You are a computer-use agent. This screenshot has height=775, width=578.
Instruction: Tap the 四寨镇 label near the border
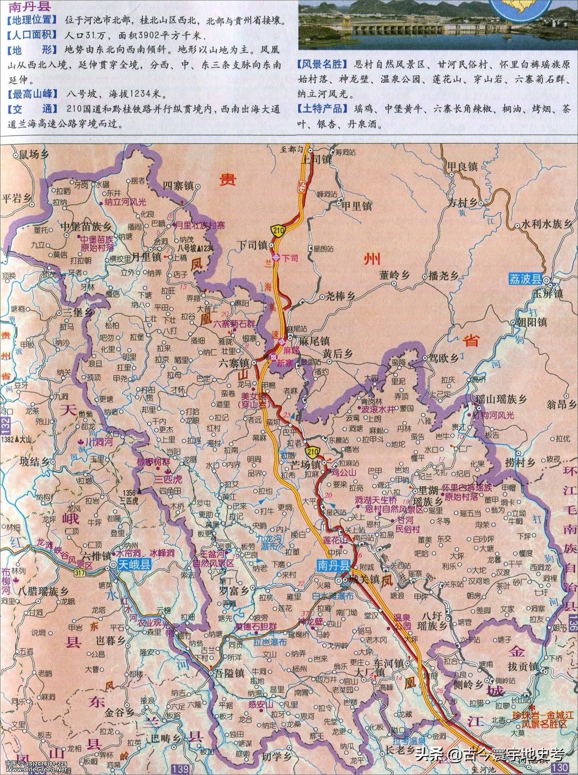[178, 186]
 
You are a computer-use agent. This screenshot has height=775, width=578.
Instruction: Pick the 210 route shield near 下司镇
[278, 232]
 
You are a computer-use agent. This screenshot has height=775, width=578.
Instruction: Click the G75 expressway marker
[302, 186]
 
